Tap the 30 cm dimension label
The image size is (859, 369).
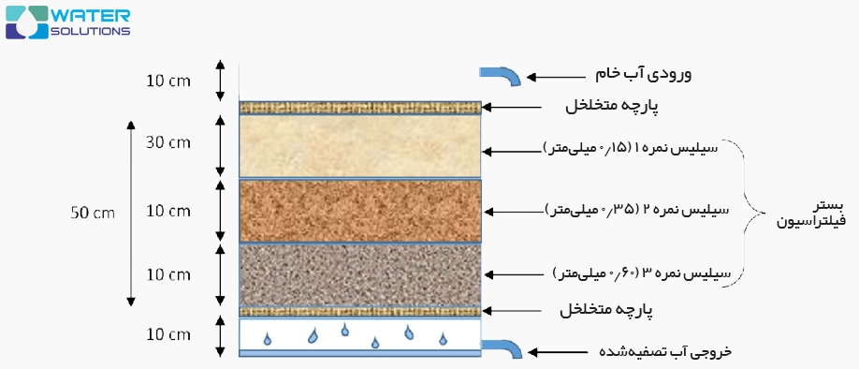pyautogui.click(x=168, y=143)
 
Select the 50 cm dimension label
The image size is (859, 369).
pyautogui.click(x=92, y=213)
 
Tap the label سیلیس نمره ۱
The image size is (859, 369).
pyautogui.click(x=638, y=148)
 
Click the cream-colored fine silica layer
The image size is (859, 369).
pyautogui.click(x=360, y=145)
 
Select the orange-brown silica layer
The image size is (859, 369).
pyautogui.click(x=360, y=210)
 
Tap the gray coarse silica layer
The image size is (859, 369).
pyautogui.click(x=360, y=274)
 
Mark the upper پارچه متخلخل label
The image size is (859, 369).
pyautogui.click(x=613, y=107)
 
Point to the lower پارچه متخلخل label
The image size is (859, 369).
pyautogui.click(x=613, y=309)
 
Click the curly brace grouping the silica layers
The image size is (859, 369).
pyautogui.click(x=749, y=211)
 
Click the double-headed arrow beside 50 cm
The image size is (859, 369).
pyautogui.click(x=131, y=213)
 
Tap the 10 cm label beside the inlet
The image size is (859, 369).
pyautogui.click(x=168, y=81)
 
